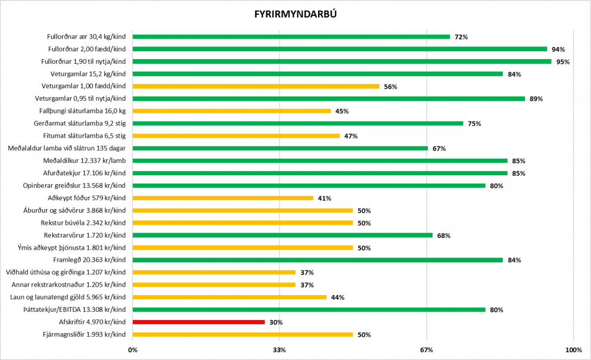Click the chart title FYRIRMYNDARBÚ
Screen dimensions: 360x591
click(295, 13)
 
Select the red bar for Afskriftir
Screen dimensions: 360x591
click(198, 322)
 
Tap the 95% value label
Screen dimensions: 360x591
click(563, 62)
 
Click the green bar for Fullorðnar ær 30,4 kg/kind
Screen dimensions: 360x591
click(291, 37)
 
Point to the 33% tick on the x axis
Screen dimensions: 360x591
click(279, 350)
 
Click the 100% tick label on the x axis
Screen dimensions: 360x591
click(573, 350)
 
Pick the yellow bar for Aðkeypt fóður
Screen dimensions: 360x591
click(223, 198)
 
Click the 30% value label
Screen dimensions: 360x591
click(276, 322)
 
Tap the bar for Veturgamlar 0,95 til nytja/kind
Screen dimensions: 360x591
click(328, 99)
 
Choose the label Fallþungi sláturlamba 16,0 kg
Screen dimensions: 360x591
click(83, 111)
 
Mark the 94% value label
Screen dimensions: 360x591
click(558, 49)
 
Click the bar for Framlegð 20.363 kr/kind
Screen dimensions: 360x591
click(318, 260)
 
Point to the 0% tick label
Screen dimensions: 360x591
click(132, 350)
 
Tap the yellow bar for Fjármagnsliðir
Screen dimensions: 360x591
click(242, 334)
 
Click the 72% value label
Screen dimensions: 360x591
click(461, 37)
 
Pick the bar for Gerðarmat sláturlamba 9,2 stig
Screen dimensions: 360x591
click(297, 123)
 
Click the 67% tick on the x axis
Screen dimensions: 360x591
click(427, 350)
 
